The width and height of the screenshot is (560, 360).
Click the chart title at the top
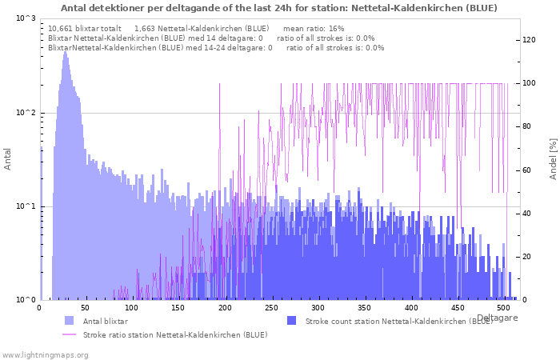(278, 8)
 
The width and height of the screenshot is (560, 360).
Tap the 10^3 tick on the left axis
(26, 18)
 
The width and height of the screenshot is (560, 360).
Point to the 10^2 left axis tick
(26, 113)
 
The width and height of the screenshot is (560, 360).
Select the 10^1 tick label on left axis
(26, 206)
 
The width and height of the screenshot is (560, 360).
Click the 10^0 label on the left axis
(26, 300)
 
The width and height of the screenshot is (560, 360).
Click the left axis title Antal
(8, 158)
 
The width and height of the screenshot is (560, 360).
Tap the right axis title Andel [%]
(553, 158)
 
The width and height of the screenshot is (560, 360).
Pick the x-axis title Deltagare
(497, 318)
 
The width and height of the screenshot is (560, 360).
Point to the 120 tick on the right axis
(529, 40)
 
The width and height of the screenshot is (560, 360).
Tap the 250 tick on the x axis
(271, 308)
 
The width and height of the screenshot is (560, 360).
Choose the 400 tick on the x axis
(410, 308)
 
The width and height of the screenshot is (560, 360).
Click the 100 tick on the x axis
(132, 308)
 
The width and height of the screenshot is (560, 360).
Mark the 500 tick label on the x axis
(503, 308)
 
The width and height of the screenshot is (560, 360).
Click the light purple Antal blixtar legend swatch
(69, 320)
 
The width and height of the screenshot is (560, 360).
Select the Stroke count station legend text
(398, 320)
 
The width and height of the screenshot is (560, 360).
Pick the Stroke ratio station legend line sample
(69, 334)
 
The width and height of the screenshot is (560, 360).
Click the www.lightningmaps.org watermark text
(44, 354)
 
